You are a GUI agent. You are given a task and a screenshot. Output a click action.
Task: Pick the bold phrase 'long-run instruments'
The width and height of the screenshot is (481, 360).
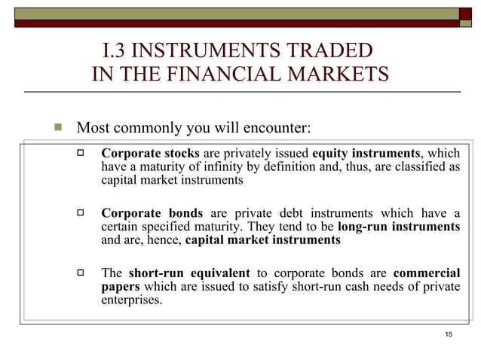tap(399, 227)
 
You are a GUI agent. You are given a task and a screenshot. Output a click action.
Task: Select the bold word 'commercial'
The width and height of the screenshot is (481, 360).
tap(427, 273)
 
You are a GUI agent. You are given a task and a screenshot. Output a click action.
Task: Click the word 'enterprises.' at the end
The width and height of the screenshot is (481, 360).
tap(132, 301)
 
